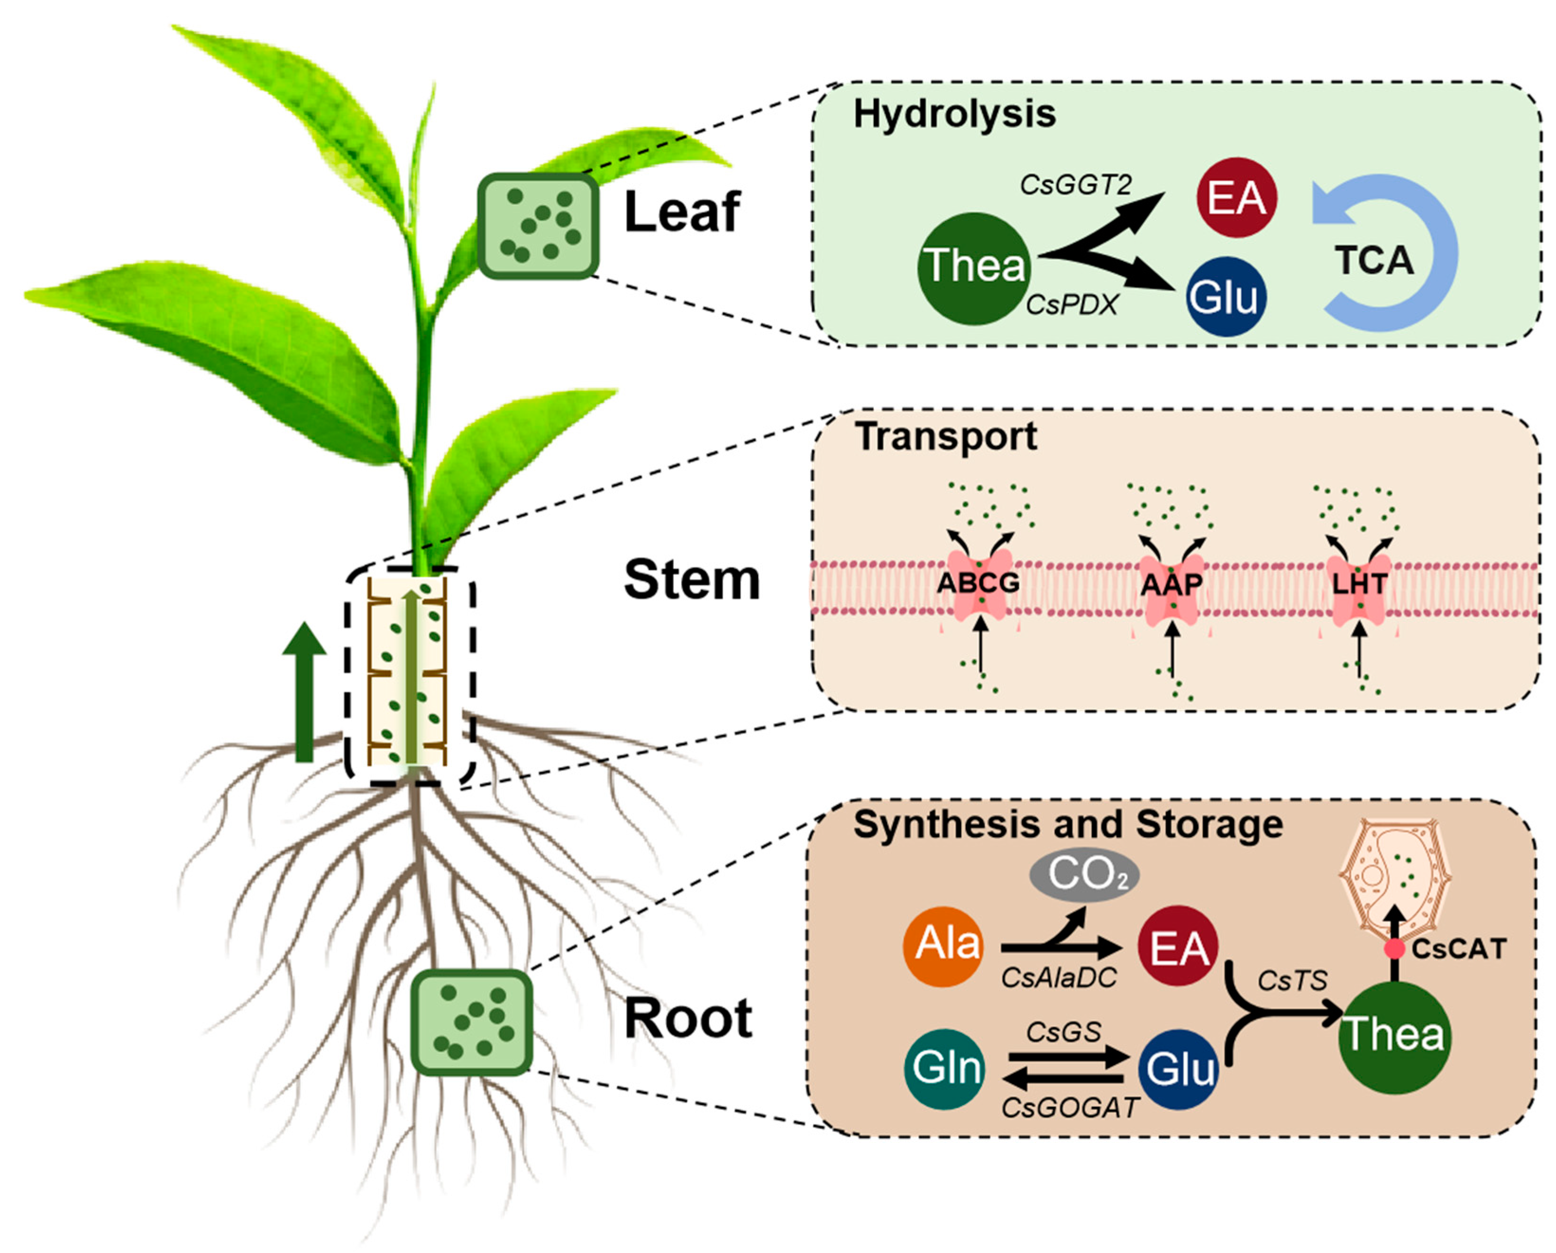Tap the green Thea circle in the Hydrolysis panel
pyautogui.click(x=974, y=268)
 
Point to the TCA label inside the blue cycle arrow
pyautogui.click(x=1373, y=260)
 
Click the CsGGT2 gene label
pyautogui.click(x=1075, y=185)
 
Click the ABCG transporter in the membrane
pyautogui.click(x=978, y=583)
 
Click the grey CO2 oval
pyautogui.click(x=1084, y=875)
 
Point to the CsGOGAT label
pyautogui.click(x=1070, y=1108)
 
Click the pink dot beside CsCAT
pyautogui.click(x=1394, y=949)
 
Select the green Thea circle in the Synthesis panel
pyautogui.click(x=1394, y=1036)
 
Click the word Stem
pyautogui.click(x=691, y=580)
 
